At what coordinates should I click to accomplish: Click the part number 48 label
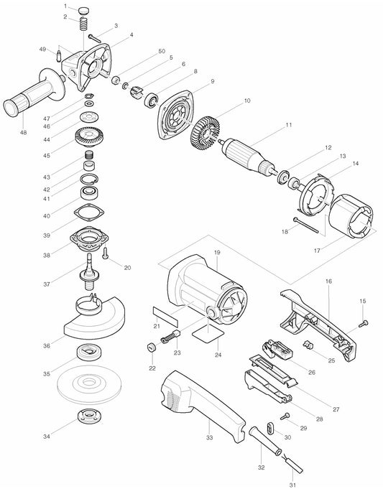point(23,132)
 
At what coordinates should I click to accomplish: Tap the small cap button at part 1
point(83,10)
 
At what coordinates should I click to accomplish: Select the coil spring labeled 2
point(83,24)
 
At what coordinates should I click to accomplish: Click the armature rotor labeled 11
point(249,157)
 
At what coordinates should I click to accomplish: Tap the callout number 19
point(217,252)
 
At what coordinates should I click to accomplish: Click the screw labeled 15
point(364,323)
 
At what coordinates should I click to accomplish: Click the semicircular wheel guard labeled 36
point(95,318)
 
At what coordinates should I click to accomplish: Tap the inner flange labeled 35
point(90,352)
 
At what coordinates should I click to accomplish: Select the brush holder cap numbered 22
point(152,348)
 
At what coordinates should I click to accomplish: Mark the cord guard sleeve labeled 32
point(265,440)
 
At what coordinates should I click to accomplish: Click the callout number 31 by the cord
point(293,485)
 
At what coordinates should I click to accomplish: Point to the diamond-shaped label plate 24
point(208,334)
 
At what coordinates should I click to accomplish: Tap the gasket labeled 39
point(90,213)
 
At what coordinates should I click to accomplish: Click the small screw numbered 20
point(106,253)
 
